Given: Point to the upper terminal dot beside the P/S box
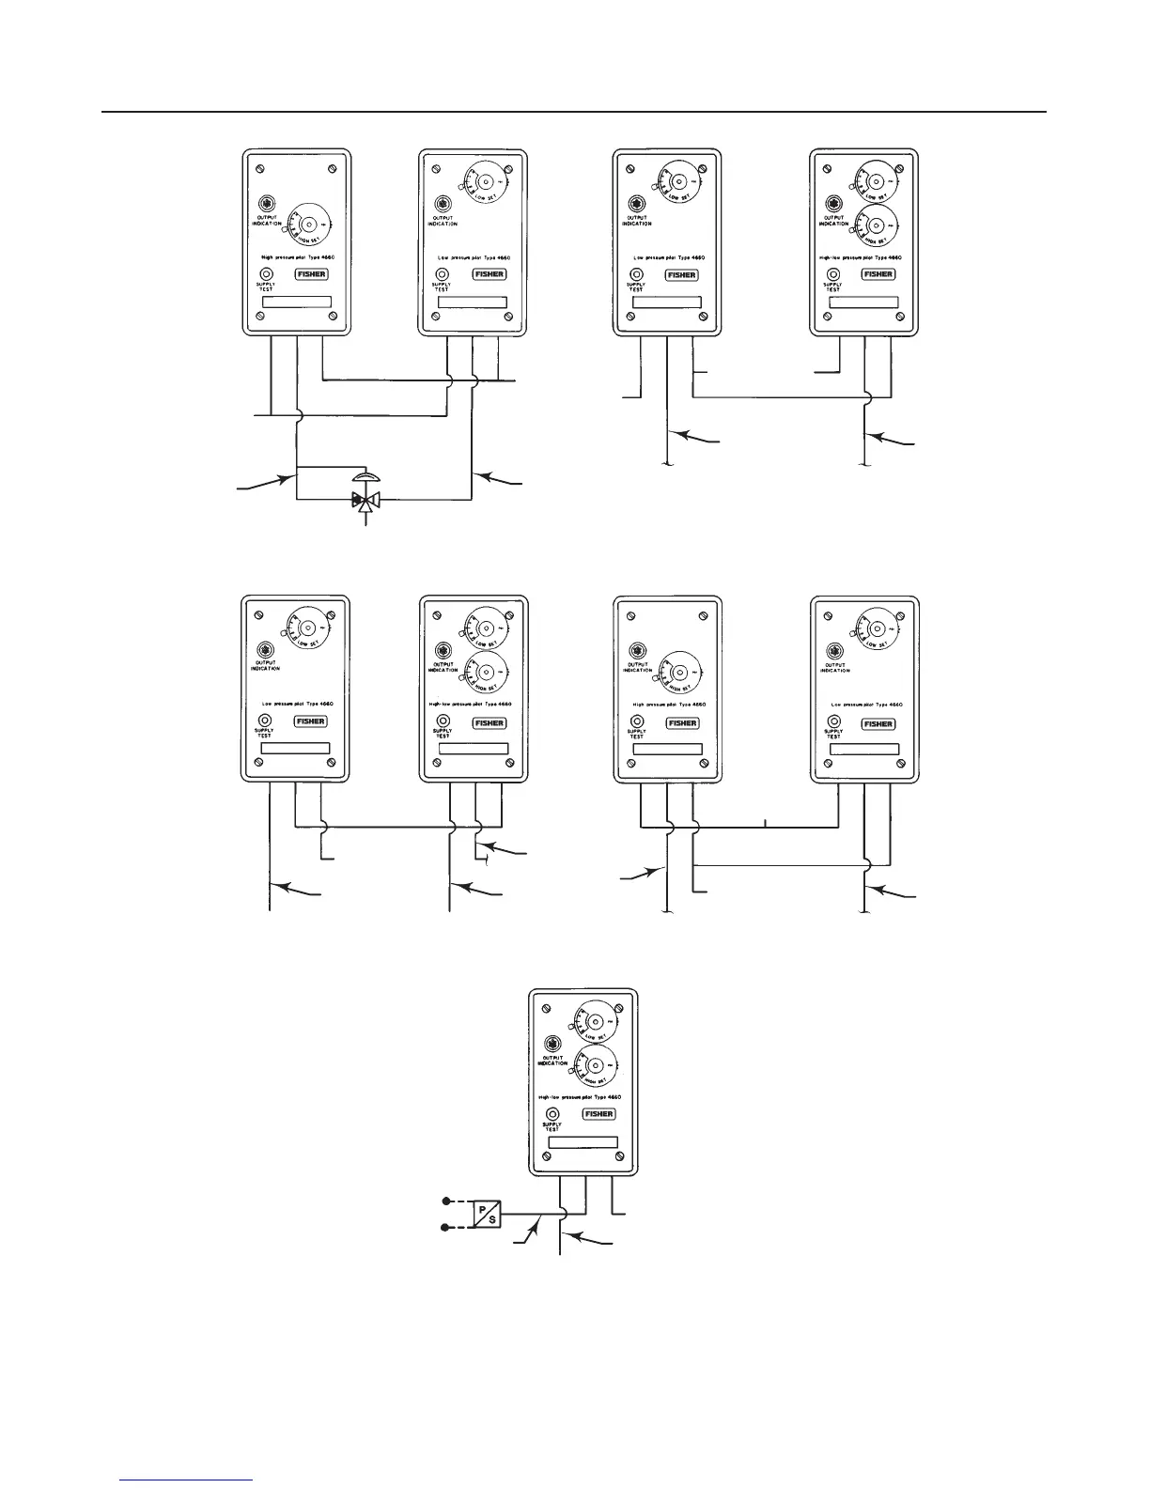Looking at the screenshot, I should [446, 1201].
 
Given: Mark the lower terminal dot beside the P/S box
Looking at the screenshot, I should [446, 1226].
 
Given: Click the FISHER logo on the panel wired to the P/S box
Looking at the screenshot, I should [598, 1114].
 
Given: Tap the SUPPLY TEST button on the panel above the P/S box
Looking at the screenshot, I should [552, 1113].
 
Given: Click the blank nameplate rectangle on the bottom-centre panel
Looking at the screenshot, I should [583, 1142].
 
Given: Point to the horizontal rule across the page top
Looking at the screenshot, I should [573, 113].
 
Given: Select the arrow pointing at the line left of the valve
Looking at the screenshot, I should [265, 483].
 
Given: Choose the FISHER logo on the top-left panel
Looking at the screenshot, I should [311, 274].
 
